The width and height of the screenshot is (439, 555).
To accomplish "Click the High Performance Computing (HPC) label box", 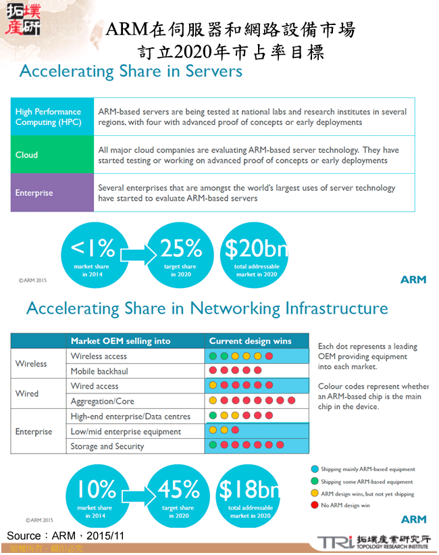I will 53,117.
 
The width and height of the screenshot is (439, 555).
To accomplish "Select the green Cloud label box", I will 53,155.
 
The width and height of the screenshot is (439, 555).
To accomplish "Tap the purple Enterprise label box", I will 53,193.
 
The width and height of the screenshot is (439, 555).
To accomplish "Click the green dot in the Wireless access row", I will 213,356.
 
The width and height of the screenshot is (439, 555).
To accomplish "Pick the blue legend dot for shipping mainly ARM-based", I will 315,468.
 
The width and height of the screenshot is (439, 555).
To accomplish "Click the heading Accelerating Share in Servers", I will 131,71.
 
